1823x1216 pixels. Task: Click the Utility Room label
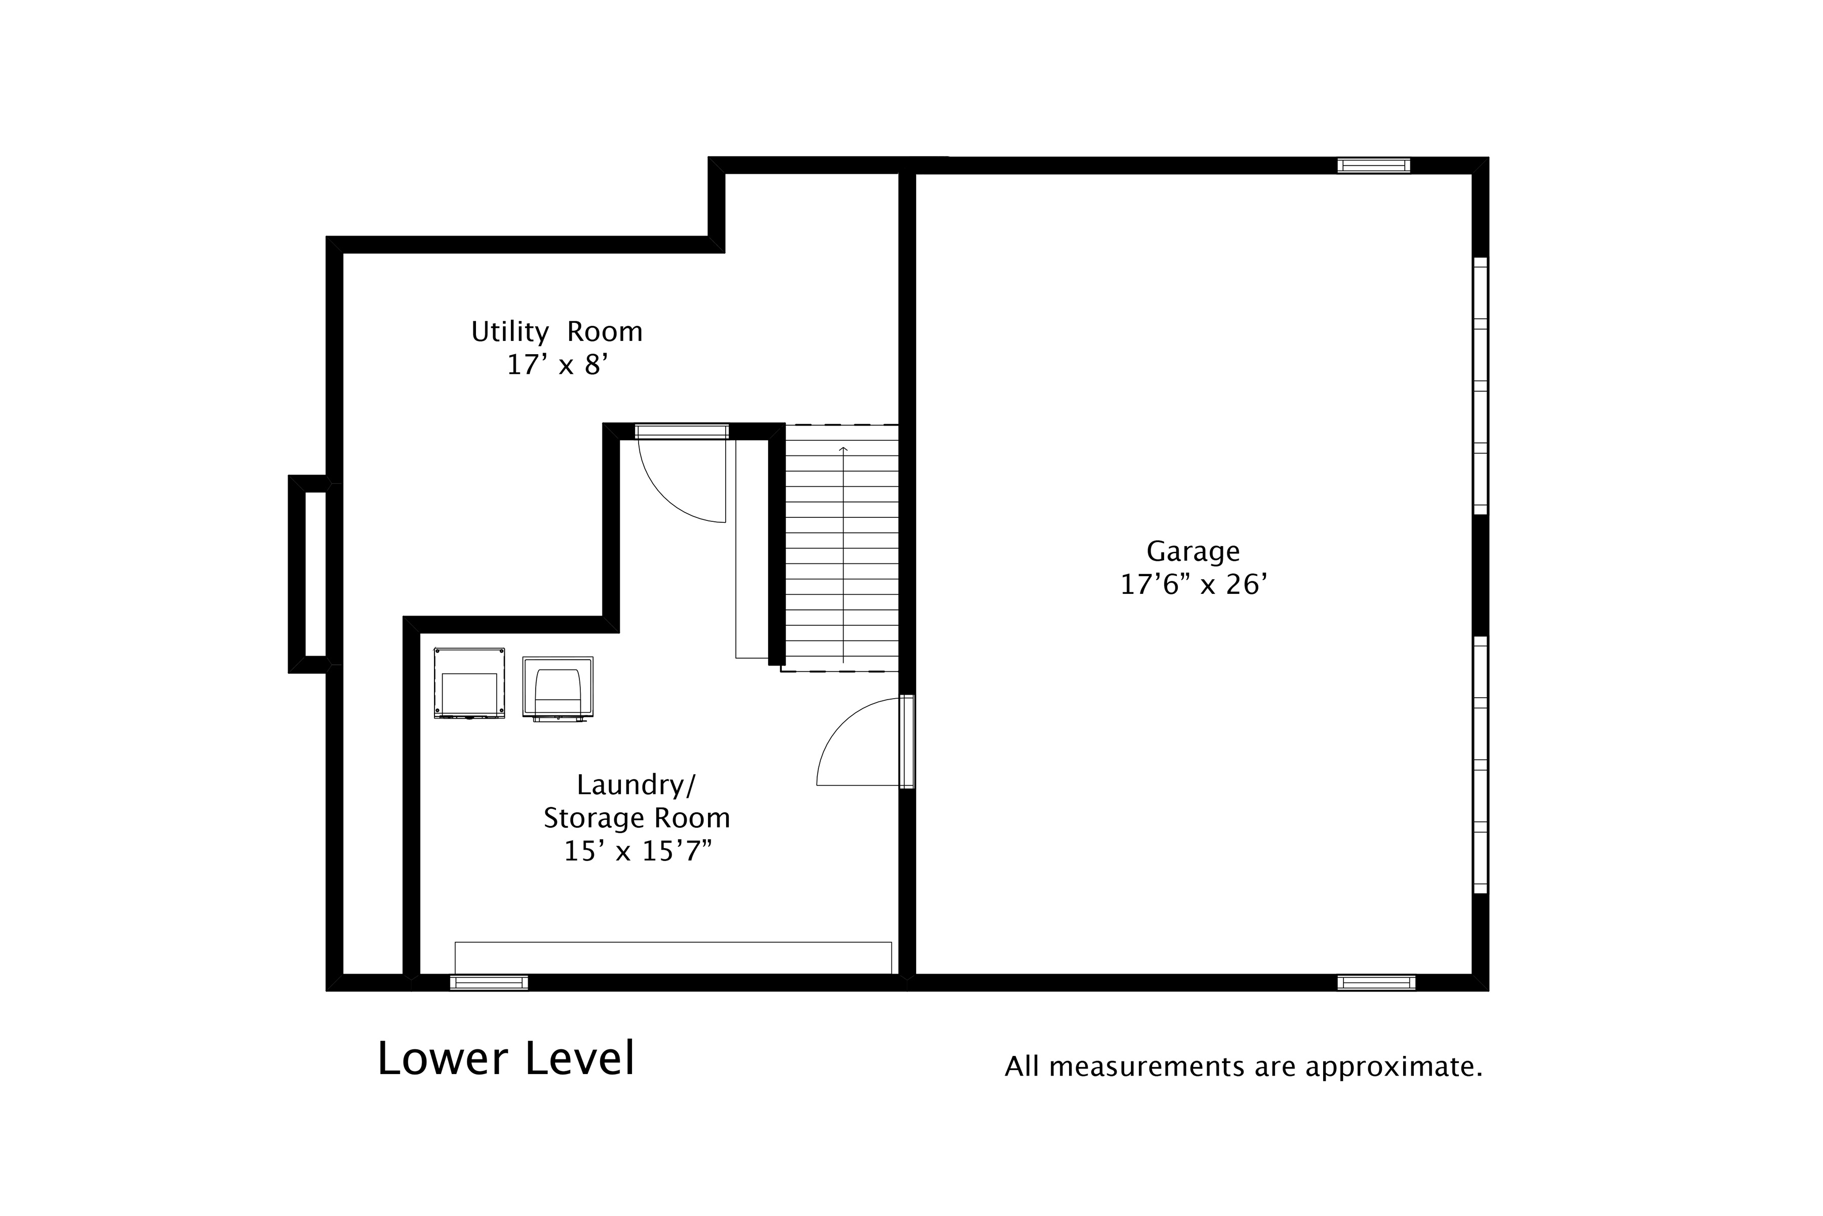pos(557,332)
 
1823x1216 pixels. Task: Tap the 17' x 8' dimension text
pos(557,364)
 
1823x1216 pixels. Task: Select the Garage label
pos(1193,551)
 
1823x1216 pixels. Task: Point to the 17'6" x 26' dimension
pos(1193,584)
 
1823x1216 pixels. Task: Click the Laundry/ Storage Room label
pos(637,801)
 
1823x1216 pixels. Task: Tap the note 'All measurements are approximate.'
pos(1243,1067)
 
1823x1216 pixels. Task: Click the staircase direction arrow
pos(843,554)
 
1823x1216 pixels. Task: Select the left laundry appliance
pos(469,683)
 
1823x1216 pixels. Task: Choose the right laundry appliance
pos(558,689)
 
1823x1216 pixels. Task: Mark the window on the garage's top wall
pos(1373,165)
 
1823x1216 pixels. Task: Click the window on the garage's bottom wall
pos(1376,982)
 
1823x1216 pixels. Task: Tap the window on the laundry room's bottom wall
pos(489,982)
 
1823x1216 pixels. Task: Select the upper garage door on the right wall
pos(1480,386)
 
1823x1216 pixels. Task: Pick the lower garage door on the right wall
pos(1480,765)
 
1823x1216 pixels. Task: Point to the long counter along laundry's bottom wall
pos(673,958)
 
